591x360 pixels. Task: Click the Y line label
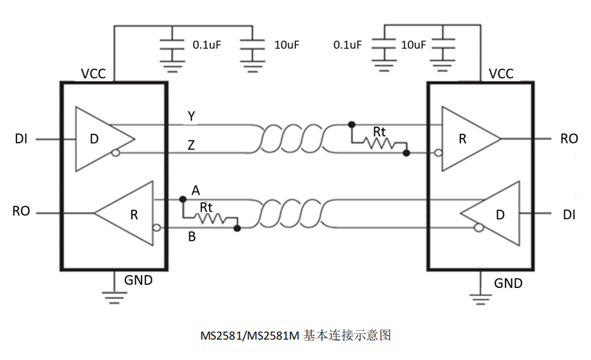pyautogui.click(x=191, y=116)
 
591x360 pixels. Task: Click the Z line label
pyautogui.click(x=191, y=145)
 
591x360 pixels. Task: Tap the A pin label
pyautogui.click(x=196, y=190)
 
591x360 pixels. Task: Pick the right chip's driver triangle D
pyautogui.click(x=493, y=214)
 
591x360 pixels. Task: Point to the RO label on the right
pyautogui.click(x=569, y=138)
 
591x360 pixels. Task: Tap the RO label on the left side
pyautogui.click(x=21, y=211)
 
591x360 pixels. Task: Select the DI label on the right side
pyautogui.click(x=569, y=215)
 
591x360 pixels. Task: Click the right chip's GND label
pyautogui.click(x=508, y=283)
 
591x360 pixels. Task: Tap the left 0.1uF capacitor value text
pyautogui.click(x=207, y=45)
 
